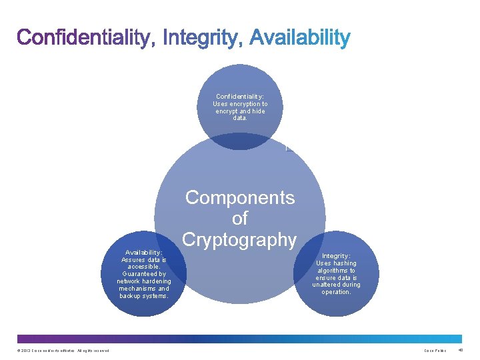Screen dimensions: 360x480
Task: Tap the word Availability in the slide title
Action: coord(299,38)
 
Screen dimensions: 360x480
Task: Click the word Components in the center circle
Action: coord(239,197)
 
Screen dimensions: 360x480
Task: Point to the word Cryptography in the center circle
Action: coord(239,239)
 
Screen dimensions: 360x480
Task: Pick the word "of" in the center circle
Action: coord(239,218)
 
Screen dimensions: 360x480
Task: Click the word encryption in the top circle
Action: coord(246,104)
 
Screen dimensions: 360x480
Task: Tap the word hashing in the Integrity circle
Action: coord(343,263)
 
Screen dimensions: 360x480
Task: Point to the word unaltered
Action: coord(327,285)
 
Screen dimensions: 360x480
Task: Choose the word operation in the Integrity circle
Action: coord(336,292)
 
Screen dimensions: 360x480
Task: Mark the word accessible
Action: coord(144,267)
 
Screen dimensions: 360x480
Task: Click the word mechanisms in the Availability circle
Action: coord(139,289)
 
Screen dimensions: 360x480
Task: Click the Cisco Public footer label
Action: coord(435,351)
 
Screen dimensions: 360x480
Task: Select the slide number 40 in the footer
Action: coord(462,351)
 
